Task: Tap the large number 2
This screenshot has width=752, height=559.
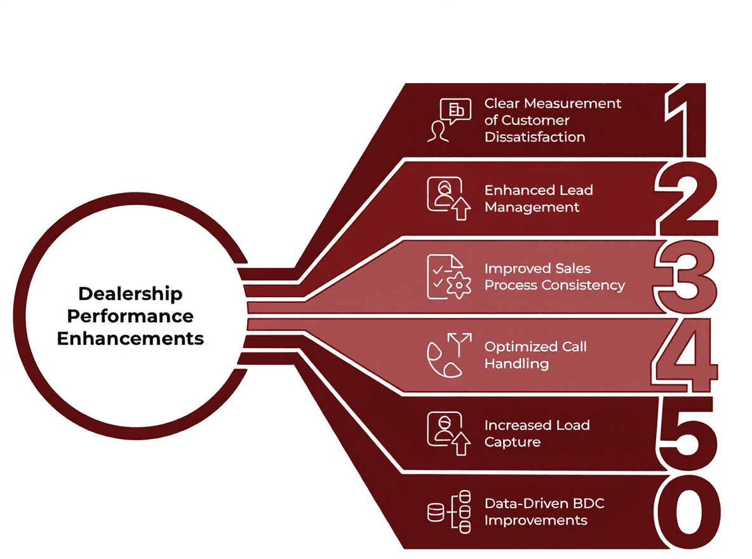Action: click(686, 198)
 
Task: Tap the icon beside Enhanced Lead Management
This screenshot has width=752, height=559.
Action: click(449, 199)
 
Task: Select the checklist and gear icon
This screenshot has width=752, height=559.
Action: click(449, 277)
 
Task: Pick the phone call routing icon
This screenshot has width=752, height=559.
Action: click(449, 356)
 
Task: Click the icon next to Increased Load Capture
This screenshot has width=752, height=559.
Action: click(449, 433)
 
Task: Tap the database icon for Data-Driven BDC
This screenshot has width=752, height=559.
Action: click(449, 511)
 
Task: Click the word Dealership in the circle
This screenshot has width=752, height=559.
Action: click(130, 294)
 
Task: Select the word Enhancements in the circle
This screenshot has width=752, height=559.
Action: click(130, 338)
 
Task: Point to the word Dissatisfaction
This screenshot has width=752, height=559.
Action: click(535, 137)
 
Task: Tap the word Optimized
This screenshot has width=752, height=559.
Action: click(521, 347)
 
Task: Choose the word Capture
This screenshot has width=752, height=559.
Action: click(513, 441)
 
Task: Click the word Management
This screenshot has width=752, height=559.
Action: click(532, 207)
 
